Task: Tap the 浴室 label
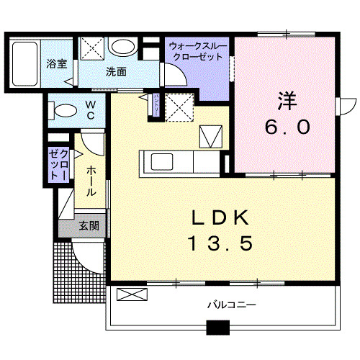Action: (57, 63)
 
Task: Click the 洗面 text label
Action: (116, 71)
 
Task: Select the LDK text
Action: (221, 217)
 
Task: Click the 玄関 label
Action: (89, 226)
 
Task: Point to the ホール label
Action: (92, 183)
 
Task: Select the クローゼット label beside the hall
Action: (58, 164)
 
